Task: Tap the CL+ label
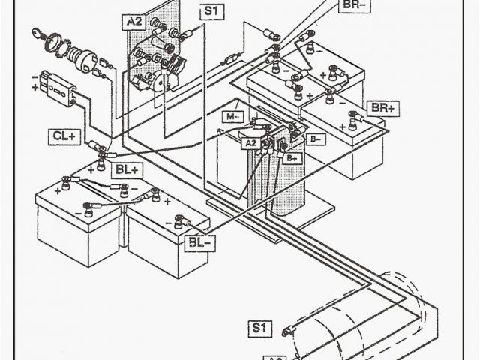coord(64,136)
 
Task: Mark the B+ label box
coord(292,158)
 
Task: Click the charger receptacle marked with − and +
coord(56,83)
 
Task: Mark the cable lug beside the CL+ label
coord(95,144)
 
